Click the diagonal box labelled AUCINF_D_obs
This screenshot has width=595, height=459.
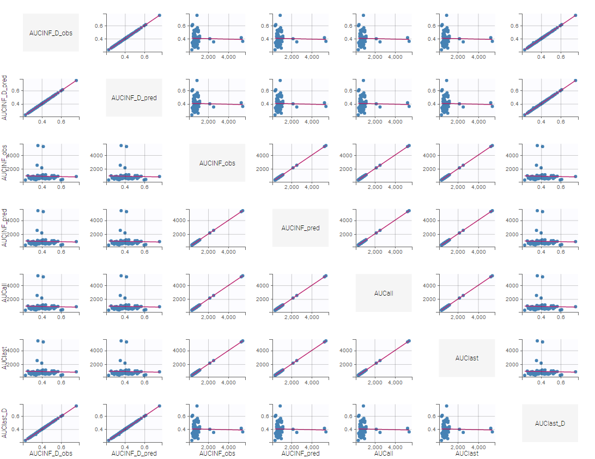pyautogui.click(x=51, y=33)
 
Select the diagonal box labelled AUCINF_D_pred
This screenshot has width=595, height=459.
pyautogui.click(x=134, y=98)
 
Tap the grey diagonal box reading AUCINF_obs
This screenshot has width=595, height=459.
pyautogui.click(x=217, y=163)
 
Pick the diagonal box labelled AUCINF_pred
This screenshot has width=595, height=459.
pyautogui.click(x=300, y=228)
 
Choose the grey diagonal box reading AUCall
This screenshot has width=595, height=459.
pyautogui.click(x=384, y=293)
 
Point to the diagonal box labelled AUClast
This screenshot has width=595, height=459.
pyautogui.click(x=467, y=358)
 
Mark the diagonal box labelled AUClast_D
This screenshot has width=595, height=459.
pyautogui.click(x=550, y=423)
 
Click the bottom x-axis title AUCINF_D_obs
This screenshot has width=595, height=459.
pyautogui.click(x=51, y=453)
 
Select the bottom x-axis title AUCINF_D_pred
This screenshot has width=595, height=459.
pyautogui.click(x=134, y=453)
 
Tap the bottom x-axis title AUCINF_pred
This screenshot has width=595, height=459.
pyautogui.click(x=300, y=453)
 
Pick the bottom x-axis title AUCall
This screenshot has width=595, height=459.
pyautogui.click(x=384, y=453)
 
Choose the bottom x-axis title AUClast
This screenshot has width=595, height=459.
pyautogui.click(x=467, y=453)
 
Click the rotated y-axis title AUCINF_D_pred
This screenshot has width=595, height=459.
pyautogui.click(x=5, y=98)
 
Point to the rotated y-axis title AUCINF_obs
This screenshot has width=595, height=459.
pyautogui.click(x=5, y=163)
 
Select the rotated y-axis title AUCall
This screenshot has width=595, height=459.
pyautogui.click(x=5, y=293)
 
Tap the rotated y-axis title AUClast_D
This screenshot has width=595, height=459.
pyautogui.click(x=5, y=423)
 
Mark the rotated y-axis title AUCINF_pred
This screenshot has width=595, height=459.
pyautogui.click(x=5, y=228)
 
